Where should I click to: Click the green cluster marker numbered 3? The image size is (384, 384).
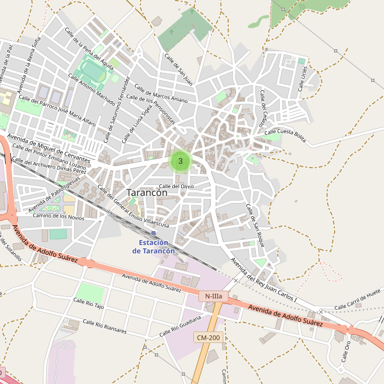coord(180,161)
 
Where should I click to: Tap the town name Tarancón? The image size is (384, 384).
coord(147,192)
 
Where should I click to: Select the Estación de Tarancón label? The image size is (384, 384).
coord(154,247)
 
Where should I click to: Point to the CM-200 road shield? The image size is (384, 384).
coord(208,337)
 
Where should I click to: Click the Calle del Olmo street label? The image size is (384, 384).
coord(176,186)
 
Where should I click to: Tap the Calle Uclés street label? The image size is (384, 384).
coord(304,78)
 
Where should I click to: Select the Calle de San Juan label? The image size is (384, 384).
coord(178,69)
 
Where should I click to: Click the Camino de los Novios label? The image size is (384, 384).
coord(59,216)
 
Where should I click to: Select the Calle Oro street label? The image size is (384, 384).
coord(346,351)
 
